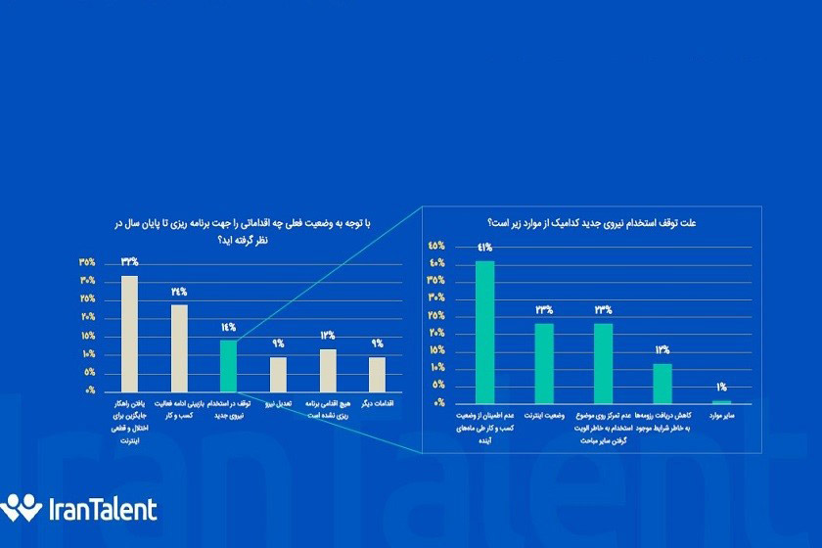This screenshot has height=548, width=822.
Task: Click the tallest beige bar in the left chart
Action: pyautogui.click(x=129, y=333)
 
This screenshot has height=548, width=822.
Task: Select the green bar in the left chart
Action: pyautogui.click(x=228, y=365)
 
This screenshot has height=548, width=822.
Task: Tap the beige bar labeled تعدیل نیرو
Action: pyautogui.click(x=278, y=374)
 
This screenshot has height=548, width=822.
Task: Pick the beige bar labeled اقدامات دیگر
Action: pyautogui.click(x=377, y=374)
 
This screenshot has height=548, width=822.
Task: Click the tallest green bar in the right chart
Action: pyautogui.click(x=484, y=332)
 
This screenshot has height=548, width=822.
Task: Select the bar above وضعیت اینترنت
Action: pyautogui.click(x=544, y=363)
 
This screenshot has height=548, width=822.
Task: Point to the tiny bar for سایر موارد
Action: pyautogui.click(x=722, y=401)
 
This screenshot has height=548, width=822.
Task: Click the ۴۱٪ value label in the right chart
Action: pyautogui.click(x=484, y=248)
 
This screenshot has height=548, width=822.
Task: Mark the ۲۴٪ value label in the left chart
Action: pyautogui.click(x=179, y=292)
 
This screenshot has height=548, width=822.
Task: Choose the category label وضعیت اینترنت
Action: pyautogui.click(x=544, y=417)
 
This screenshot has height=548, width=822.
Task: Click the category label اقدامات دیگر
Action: pyautogui.click(x=377, y=402)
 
